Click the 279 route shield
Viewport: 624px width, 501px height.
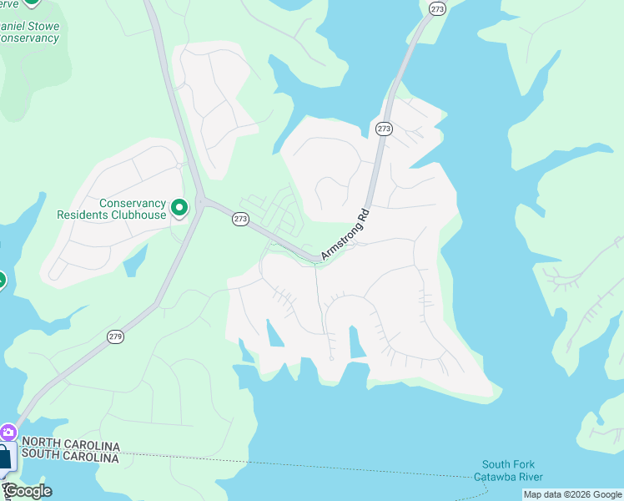pos(115,336)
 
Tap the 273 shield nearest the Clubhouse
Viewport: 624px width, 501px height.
pos(240,219)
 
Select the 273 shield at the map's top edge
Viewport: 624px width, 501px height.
pos(437,8)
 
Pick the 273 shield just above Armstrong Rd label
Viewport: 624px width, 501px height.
pos(383,129)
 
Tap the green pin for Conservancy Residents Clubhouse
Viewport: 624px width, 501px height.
pos(179,206)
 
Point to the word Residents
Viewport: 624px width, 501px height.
pos(83,215)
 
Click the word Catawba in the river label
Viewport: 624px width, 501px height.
pos(496,477)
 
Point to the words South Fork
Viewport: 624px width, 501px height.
pos(507,465)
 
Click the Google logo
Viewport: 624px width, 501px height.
pos(28,491)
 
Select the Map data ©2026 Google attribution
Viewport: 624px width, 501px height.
pos(572,495)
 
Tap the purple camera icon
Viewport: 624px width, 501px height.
pos(8,432)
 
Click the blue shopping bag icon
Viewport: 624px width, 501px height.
pos(5,456)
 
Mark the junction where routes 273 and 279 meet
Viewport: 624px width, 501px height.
pos(200,200)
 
